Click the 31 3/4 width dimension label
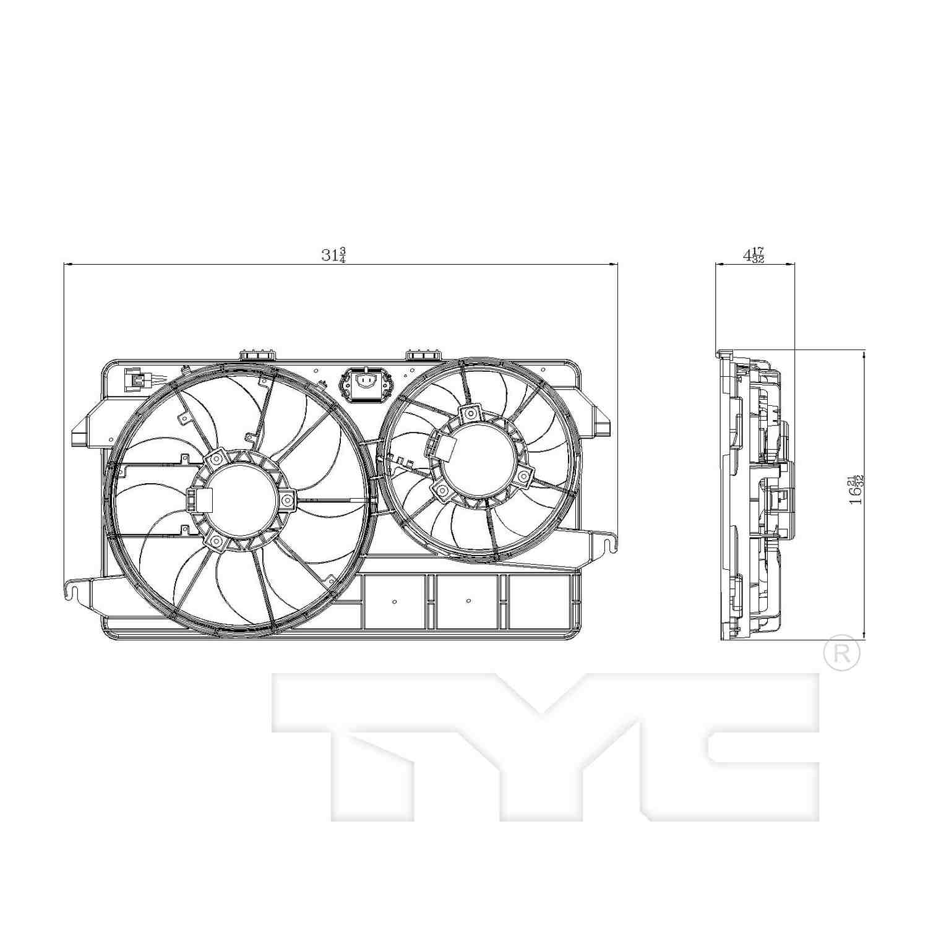(333, 255)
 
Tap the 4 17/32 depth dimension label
(754, 255)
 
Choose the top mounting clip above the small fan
(423, 354)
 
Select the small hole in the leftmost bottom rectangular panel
(395, 601)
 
